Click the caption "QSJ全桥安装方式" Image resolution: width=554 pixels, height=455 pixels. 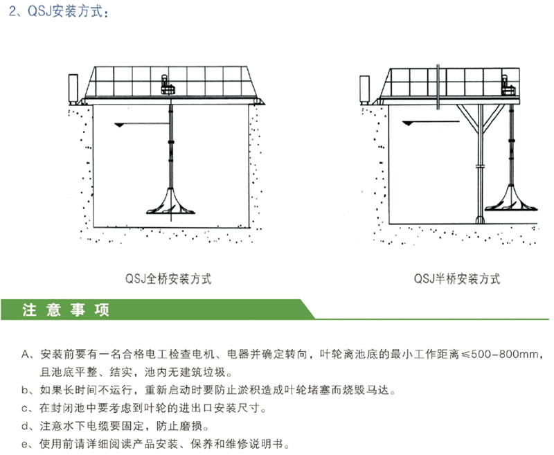click(168, 278)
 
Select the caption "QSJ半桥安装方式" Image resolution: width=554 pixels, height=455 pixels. click(457, 278)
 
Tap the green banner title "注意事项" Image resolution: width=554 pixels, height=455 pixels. click(66, 310)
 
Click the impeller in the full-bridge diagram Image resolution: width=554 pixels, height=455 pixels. click(170, 202)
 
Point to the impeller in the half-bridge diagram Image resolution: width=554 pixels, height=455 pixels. click(510, 199)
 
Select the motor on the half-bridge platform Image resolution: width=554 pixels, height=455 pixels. click(508, 84)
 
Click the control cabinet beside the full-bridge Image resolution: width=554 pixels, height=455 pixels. click(73, 89)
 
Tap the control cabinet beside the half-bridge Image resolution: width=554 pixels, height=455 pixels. click(364, 89)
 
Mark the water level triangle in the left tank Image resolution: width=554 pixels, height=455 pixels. click(120, 125)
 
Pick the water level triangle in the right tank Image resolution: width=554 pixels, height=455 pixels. click(408, 123)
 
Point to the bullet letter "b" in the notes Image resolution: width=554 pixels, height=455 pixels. click(25, 390)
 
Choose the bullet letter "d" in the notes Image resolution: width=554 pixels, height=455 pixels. click(25, 426)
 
